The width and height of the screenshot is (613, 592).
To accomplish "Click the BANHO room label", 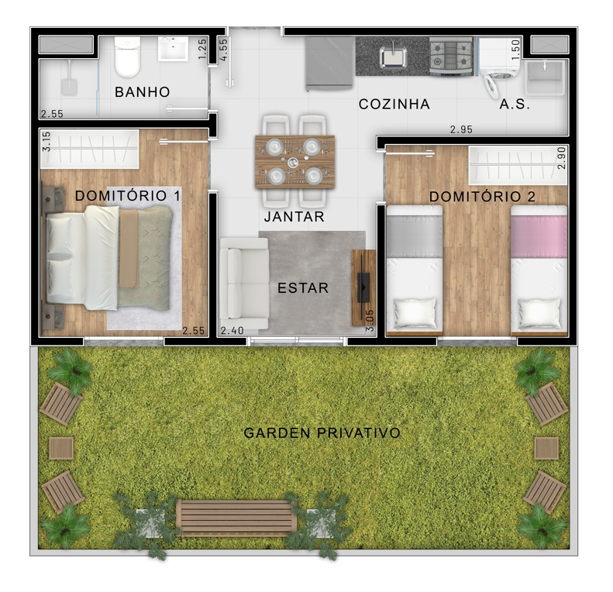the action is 143,92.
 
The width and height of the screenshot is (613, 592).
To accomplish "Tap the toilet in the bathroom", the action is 127,57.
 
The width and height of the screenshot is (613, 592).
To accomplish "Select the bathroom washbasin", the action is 173,49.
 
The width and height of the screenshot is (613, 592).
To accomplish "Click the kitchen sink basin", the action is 393,57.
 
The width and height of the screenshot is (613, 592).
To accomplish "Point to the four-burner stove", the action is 452,57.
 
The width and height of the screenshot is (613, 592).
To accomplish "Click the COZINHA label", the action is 394,105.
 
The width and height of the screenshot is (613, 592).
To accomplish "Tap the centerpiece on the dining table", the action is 293,162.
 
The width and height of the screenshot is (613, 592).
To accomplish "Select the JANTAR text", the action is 294,217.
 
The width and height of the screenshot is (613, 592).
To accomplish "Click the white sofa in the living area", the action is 244,283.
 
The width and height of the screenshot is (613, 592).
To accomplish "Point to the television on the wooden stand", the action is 363,287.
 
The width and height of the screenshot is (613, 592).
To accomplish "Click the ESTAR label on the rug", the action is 303,288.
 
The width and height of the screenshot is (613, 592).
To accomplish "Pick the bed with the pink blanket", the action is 539,270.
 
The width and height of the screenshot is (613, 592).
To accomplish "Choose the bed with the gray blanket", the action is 415,270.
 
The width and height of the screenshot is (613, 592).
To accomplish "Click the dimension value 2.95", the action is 461,129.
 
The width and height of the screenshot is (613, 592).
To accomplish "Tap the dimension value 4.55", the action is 223,50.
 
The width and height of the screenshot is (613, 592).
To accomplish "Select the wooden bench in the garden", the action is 236,518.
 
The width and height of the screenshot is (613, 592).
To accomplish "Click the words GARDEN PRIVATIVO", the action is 322,433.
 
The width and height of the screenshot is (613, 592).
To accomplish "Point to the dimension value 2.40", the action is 232,331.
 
